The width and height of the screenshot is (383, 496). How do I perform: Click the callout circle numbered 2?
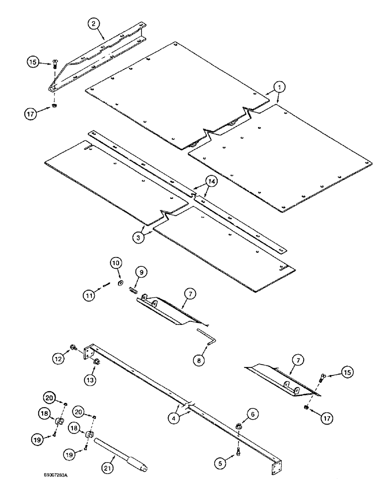tap(93, 23)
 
